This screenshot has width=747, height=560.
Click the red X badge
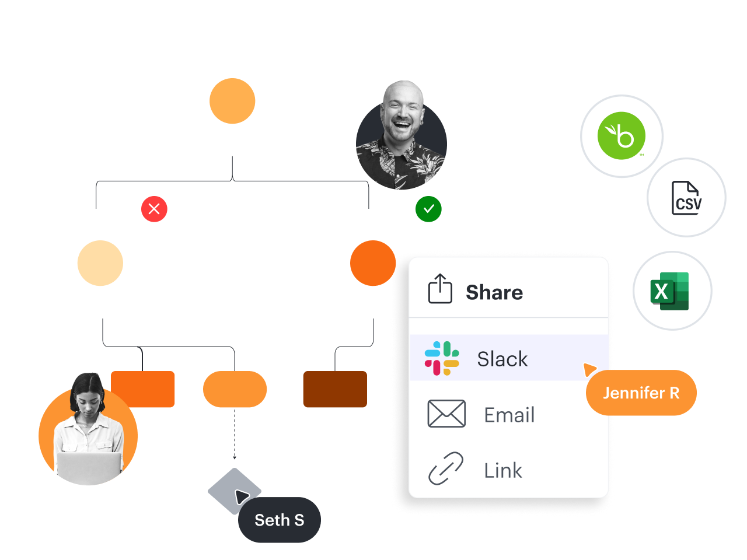click(154, 209)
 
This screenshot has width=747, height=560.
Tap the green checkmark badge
click(428, 209)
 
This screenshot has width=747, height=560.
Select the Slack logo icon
click(442, 358)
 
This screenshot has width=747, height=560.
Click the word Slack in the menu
click(502, 359)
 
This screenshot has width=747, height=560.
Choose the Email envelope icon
click(446, 414)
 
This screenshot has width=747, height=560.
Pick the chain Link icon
click(446, 469)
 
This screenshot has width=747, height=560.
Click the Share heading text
click(494, 292)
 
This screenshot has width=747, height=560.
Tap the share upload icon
click(440, 289)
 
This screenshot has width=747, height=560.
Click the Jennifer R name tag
click(641, 393)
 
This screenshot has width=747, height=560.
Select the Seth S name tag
click(279, 520)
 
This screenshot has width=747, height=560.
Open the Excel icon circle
click(672, 290)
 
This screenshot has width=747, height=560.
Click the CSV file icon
click(686, 198)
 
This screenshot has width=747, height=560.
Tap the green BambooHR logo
click(622, 136)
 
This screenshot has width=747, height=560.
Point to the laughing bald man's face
click(402, 113)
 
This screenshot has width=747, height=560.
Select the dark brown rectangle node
click(335, 389)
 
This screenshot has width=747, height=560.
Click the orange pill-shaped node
click(235, 389)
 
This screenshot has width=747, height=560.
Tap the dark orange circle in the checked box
click(373, 263)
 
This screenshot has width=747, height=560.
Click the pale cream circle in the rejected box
click(100, 263)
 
